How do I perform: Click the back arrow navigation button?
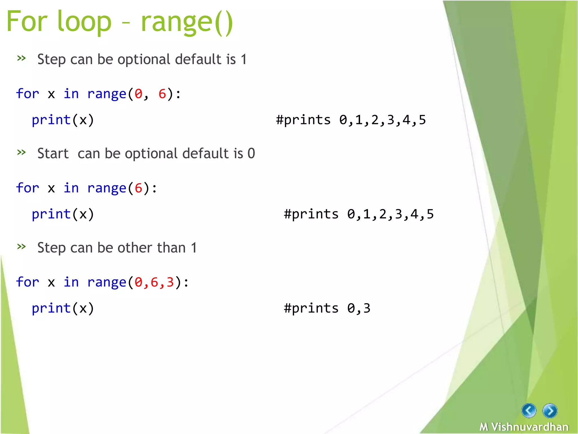529,410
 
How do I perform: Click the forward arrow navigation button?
549,411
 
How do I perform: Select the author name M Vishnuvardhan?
524,427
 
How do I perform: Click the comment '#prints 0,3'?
327,308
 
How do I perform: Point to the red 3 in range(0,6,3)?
170,282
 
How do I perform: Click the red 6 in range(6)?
138,188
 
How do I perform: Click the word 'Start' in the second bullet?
53,154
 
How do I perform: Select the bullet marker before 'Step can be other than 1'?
21,246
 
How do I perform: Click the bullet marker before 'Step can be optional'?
21,58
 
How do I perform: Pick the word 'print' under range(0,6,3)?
51,308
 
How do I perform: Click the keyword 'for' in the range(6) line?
27,188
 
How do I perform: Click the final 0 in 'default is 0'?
251,154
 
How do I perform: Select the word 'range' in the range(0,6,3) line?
107,282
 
